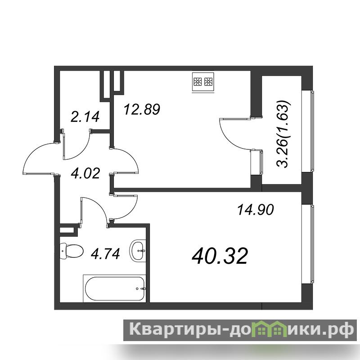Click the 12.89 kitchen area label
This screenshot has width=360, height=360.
click(142, 109)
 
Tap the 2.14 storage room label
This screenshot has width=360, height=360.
click(85, 117)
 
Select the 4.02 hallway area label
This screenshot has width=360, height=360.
click(85, 173)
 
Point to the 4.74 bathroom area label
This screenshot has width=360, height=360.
click(105, 254)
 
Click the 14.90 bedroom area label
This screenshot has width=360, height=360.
click(255, 210)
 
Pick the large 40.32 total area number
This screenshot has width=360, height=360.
click(220, 256)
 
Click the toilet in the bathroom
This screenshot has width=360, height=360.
click(72, 251)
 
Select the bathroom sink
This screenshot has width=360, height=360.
click(138, 251)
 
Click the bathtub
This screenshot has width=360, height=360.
click(115, 288)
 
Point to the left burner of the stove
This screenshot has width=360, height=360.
click(198, 81)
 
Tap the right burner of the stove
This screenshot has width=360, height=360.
click(208, 81)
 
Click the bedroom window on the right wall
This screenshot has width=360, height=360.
click(312, 244)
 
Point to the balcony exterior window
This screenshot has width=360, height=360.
click(312, 131)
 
